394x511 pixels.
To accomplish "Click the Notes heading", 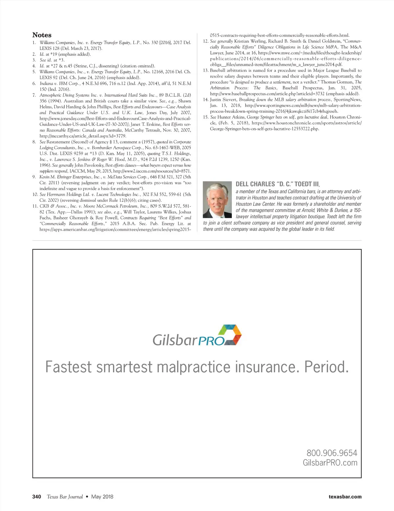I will coord(42,35).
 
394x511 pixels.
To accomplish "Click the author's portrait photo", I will coord(217,200).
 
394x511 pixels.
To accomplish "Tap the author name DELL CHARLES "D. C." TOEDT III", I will coord(277,184).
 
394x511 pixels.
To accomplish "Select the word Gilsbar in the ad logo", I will coord(175,340).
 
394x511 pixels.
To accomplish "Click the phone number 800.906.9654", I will coord(332,453).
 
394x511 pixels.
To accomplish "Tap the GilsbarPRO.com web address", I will coord(330,463).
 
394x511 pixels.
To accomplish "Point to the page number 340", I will coord(37,497).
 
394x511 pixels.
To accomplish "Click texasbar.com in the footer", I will coord(345,497).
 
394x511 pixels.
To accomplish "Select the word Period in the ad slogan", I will coord(326,367).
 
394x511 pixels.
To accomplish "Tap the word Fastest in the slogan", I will coord(68,367).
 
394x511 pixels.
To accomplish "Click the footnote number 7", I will coord(34,95).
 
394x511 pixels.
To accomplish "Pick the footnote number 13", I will coord(206,71).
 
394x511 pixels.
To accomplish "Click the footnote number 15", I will coord(206,117).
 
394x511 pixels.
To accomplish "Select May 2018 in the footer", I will coord(102,497).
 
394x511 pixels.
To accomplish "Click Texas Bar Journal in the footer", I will coord(65,497).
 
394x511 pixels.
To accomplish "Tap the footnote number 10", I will coord(35,194).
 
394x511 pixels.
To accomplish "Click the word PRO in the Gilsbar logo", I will coord(211,341).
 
